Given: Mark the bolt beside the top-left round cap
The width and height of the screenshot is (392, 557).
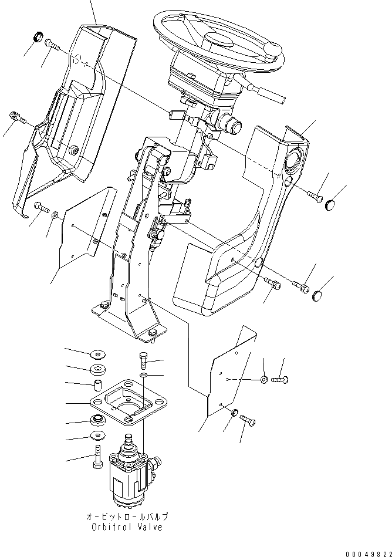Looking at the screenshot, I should (x=52, y=45).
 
